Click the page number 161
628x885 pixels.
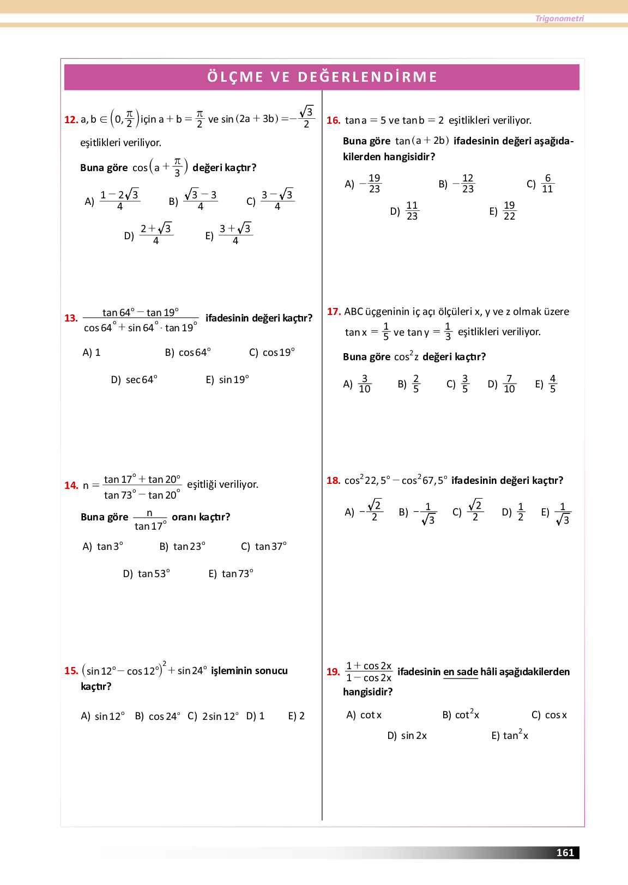(565, 852)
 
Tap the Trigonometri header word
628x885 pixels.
(559, 19)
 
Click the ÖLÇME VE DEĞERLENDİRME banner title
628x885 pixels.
(322, 77)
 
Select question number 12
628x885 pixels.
(71, 120)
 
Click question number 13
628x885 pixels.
(71, 318)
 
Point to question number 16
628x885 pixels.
(333, 120)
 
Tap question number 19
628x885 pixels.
(333, 672)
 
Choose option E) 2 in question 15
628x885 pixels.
(297, 716)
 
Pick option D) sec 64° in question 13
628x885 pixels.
(134, 380)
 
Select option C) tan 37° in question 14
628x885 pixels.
(264, 547)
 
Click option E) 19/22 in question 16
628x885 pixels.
(502, 211)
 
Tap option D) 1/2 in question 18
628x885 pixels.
(514, 512)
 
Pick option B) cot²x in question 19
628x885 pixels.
(461, 714)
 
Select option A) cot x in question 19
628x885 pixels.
(364, 715)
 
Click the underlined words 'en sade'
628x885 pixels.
(461, 672)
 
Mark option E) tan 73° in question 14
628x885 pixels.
(231, 574)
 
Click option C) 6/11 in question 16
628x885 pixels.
(540, 184)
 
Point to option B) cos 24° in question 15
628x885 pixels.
(157, 716)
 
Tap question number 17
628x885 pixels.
(334, 312)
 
